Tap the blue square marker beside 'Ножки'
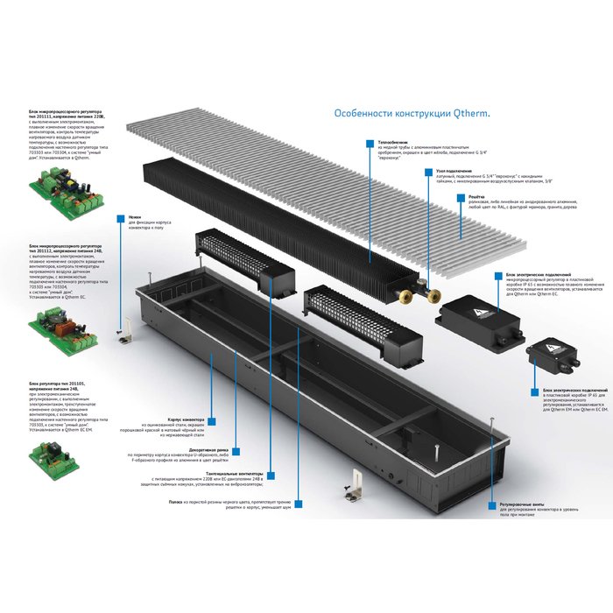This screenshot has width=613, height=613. (120, 216)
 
